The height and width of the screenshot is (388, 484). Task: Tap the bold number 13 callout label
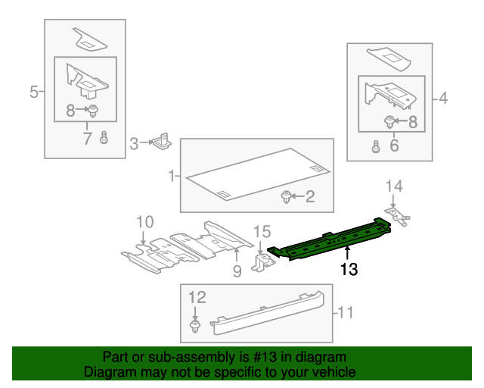[x=348, y=268]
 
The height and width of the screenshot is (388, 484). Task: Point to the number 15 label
[x=261, y=231]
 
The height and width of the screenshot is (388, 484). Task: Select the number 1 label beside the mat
[x=172, y=176]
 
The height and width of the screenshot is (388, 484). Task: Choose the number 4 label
[x=442, y=98]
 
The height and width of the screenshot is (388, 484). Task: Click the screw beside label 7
[x=104, y=138]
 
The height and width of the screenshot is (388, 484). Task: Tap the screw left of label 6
[x=375, y=146]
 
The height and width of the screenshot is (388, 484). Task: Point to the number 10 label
[x=144, y=221]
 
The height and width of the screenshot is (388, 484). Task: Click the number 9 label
[x=237, y=271]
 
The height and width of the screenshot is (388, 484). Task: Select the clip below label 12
[x=195, y=327]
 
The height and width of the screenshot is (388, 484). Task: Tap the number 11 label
[x=346, y=311]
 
